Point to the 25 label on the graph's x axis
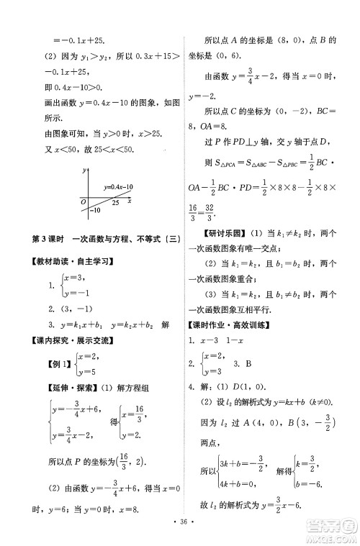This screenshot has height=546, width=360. [115, 204]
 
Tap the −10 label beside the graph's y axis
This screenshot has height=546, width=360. [94, 210]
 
